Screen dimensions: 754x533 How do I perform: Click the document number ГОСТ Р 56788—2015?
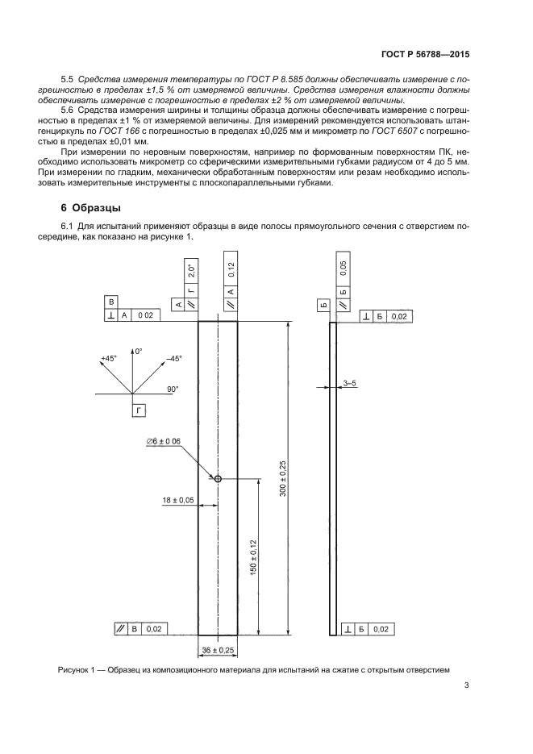[x=424, y=55]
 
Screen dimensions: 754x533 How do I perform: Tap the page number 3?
[x=467, y=686]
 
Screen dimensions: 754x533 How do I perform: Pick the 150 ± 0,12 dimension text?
[x=252, y=556]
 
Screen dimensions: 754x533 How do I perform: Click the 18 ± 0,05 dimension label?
[x=178, y=500]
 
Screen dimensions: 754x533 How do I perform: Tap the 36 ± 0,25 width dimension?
[x=217, y=649]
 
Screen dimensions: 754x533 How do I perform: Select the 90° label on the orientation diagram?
[x=173, y=389]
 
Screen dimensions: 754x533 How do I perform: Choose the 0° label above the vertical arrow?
[x=138, y=352]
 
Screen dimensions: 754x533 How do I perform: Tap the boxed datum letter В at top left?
[x=112, y=301]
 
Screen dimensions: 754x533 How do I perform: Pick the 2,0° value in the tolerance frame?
[x=190, y=270]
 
